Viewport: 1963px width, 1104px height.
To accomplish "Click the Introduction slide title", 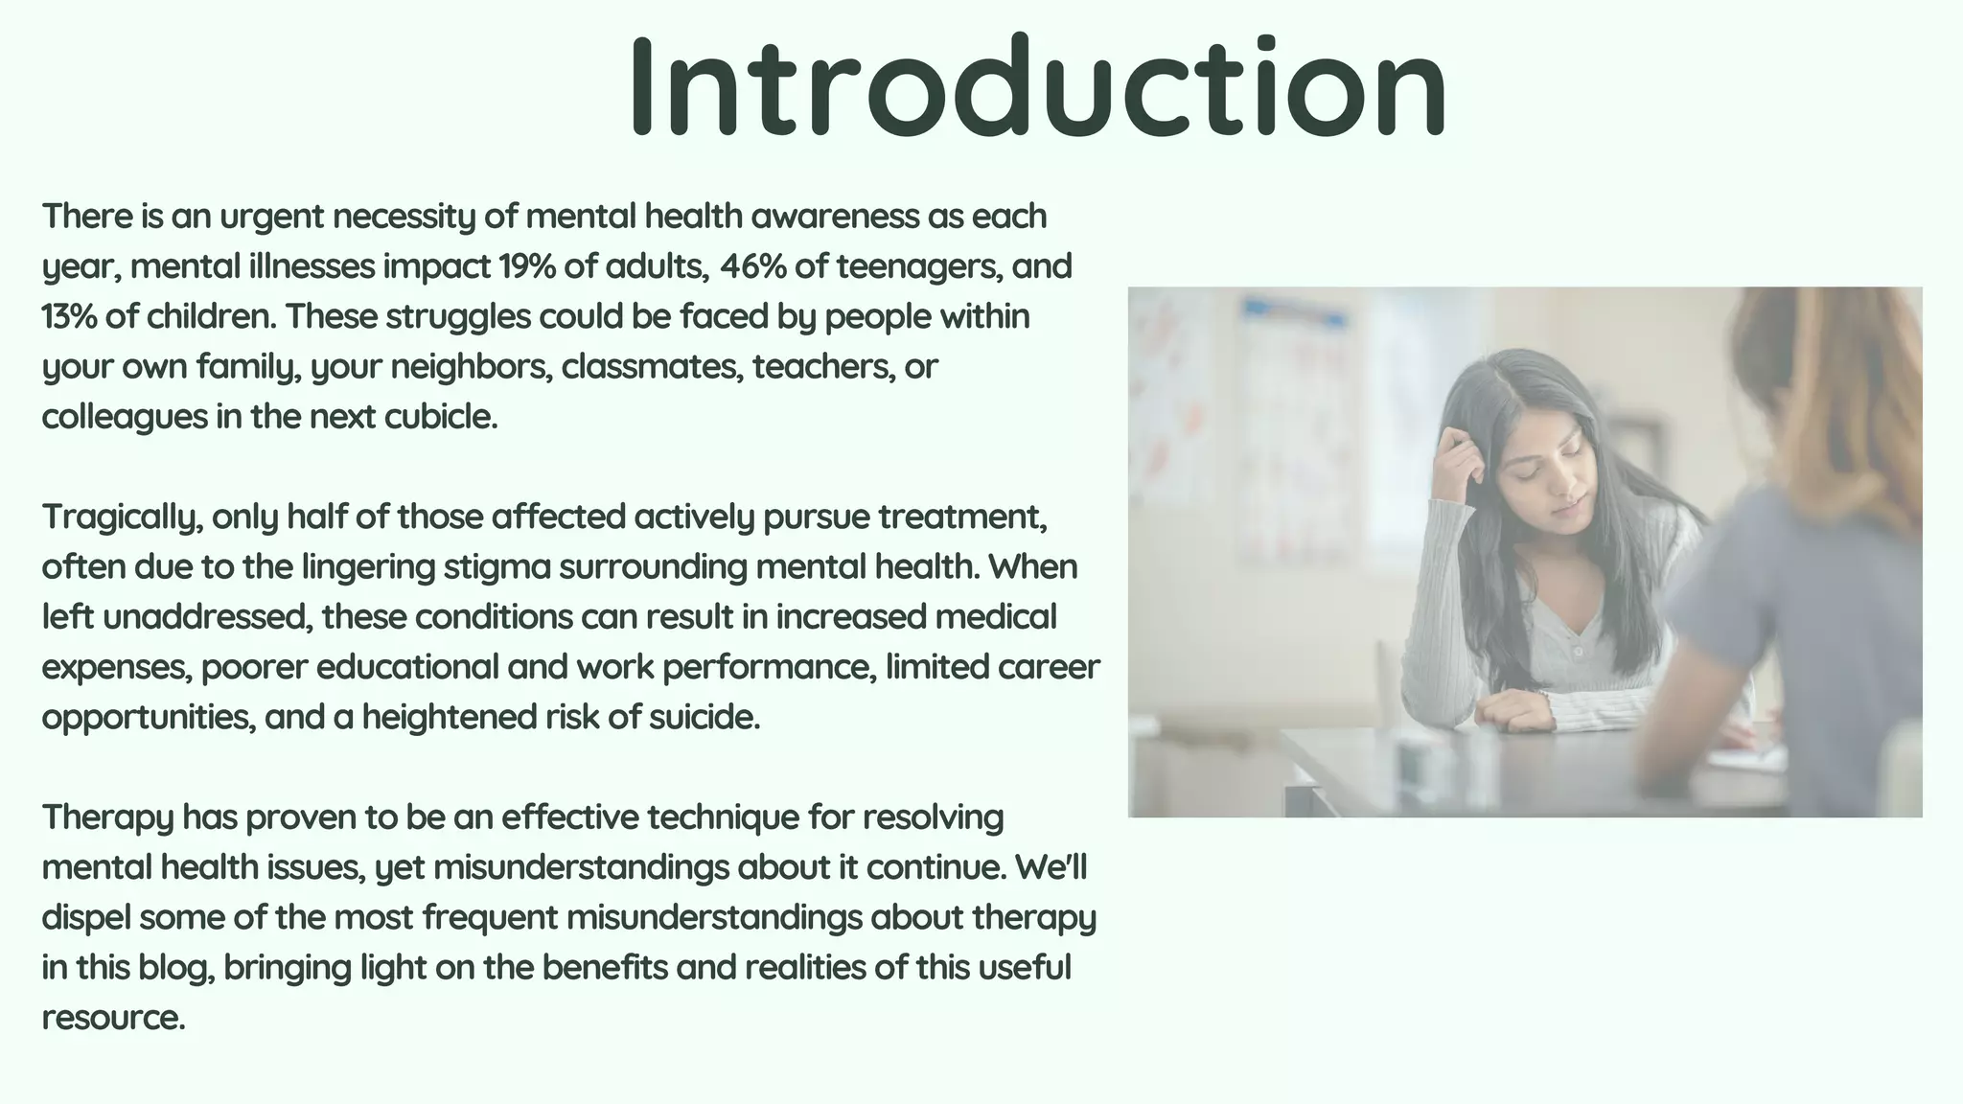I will [1037, 88].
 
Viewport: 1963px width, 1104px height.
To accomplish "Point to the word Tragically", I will [122, 517].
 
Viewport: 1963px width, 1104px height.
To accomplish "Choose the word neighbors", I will [471, 367].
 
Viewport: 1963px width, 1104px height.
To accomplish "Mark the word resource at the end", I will [112, 1018].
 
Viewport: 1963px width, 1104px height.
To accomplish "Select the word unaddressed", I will [207, 617].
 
